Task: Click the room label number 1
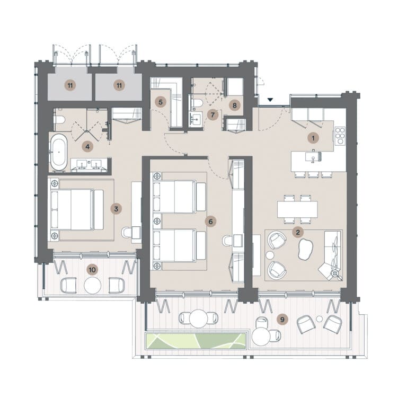click(313, 138)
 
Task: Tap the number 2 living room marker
click(298, 232)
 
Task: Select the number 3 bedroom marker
click(116, 209)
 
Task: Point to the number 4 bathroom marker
click(87, 147)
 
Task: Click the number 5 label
click(161, 102)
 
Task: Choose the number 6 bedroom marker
click(210, 222)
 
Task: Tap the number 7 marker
click(213, 114)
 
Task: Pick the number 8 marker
click(235, 105)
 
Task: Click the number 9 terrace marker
click(282, 319)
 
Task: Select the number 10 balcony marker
click(92, 270)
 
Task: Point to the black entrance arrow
click(270, 100)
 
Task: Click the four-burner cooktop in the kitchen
click(340, 136)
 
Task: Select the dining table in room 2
click(297, 209)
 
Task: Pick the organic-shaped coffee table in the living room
click(305, 249)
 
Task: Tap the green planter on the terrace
click(196, 341)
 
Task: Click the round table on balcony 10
click(92, 285)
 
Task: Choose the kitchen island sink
click(314, 157)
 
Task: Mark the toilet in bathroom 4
click(59, 120)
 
